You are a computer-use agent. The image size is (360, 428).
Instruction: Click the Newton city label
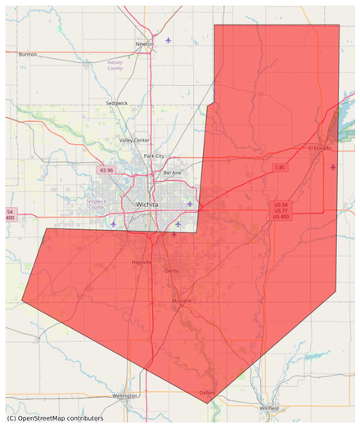coord(144,44)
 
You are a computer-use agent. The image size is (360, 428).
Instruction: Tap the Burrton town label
coord(28,54)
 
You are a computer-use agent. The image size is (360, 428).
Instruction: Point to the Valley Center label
coord(134,140)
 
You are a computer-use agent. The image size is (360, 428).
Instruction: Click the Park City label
coord(154,155)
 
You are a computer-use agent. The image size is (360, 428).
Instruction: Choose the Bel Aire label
coord(173,173)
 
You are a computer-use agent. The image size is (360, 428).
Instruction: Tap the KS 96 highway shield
coord(106,170)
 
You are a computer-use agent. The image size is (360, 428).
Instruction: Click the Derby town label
coord(171,270)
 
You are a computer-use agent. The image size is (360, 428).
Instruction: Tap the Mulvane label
coord(181,301)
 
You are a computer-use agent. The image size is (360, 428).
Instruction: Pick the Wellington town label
coord(125,395)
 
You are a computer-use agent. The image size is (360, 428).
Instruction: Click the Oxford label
coord(207,393)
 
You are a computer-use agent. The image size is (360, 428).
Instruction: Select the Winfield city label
coord(268,407)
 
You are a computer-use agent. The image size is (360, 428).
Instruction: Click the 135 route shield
coord(279,168)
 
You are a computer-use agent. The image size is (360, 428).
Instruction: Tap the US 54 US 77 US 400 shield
coord(281,210)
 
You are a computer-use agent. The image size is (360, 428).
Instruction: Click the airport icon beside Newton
coord(169,39)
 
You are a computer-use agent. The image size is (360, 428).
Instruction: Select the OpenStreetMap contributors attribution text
coord(55,418)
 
